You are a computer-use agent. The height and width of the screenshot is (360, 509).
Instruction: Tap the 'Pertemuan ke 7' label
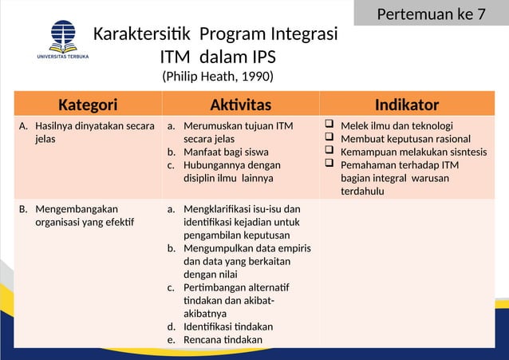click(x=431, y=14)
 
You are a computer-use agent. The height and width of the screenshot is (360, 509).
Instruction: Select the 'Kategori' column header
click(x=88, y=105)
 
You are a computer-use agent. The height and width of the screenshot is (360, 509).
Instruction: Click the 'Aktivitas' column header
click(x=240, y=105)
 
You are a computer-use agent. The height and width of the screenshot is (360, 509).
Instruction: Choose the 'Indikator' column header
click(x=406, y=105)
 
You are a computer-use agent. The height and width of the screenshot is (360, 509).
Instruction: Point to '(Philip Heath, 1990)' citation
click(x=217, y=77)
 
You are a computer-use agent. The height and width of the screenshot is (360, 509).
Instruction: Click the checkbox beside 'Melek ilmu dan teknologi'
click(x=329, y=125)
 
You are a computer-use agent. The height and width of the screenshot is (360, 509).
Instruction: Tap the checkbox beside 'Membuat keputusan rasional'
click(x=329, y=138)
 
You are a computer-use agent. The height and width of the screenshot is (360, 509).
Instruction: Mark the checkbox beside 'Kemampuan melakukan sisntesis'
click(x=329, y=151)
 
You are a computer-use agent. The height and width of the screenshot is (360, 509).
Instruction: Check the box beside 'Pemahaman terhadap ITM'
click(x=329, y=164)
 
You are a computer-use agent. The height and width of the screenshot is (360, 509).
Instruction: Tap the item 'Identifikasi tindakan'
click(x=227, y=327)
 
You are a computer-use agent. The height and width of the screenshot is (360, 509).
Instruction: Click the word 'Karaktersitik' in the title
click(x=143, y=36)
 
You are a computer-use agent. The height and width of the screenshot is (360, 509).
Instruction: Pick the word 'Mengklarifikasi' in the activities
click(x=220, y=209)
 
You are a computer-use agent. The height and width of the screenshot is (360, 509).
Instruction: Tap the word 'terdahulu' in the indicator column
click(x=362, y=191)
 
